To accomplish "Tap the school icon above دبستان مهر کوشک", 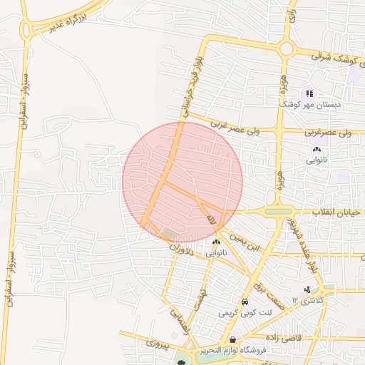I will pos(309,93).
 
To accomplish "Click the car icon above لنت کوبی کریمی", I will pos(245,302).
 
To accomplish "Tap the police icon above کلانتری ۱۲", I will pos(307,289).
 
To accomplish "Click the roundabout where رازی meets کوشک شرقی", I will pos(287,48).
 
